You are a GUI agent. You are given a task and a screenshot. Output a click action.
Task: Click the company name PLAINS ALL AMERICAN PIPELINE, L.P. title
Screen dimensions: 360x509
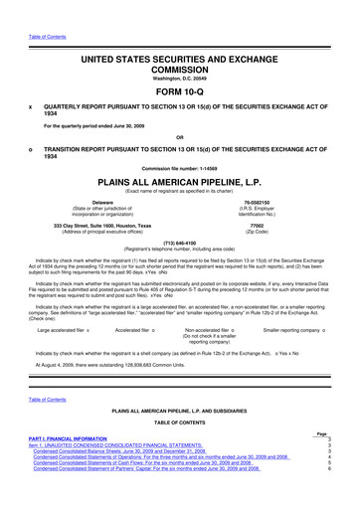point(179,183)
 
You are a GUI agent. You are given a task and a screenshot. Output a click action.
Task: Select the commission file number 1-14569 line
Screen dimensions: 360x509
point(179,166)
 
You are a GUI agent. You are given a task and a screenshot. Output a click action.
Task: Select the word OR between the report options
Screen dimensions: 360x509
point(179,137)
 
